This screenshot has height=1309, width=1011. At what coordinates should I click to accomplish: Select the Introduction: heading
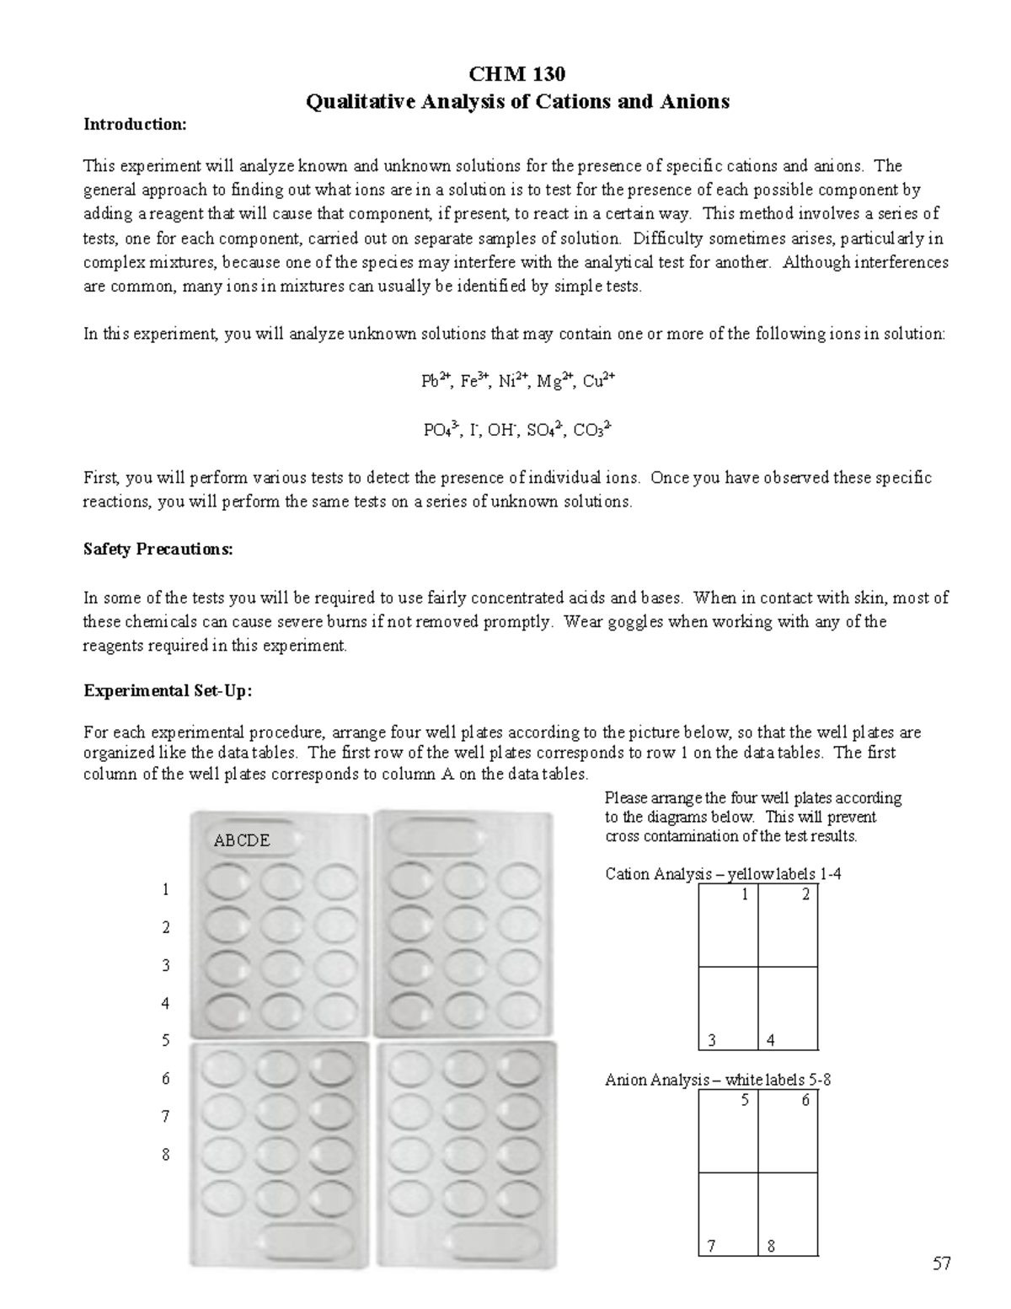(134, 125)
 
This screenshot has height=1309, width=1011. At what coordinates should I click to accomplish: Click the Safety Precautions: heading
(158, 550)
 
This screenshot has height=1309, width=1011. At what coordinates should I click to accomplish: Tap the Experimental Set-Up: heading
(168, 691)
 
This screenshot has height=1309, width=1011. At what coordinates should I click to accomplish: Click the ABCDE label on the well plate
(242, 840)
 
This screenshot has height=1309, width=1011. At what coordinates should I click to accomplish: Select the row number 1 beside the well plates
(166, 889)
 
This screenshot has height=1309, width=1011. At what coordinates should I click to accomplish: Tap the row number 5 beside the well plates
(166, 1041)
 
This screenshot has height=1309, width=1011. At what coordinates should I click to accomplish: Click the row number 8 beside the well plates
(166, 1155)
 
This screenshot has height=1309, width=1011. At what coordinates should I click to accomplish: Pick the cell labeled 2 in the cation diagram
(789, 925)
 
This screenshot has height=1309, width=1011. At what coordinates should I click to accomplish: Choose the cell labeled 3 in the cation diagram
(729, 1008)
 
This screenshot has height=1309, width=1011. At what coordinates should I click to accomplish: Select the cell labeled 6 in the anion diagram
(789, 1130)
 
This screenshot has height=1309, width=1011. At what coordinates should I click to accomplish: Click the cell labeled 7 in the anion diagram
(729, 1215)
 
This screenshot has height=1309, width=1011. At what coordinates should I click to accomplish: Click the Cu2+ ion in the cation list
(598, 381)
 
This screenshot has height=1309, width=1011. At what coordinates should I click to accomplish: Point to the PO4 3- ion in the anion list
(440, 431)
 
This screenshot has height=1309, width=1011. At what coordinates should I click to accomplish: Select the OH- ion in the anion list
(502, 431)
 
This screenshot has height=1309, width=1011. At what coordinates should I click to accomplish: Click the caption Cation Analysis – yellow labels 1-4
(723, 874)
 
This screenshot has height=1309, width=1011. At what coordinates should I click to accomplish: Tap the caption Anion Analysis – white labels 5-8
(718, 1080)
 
